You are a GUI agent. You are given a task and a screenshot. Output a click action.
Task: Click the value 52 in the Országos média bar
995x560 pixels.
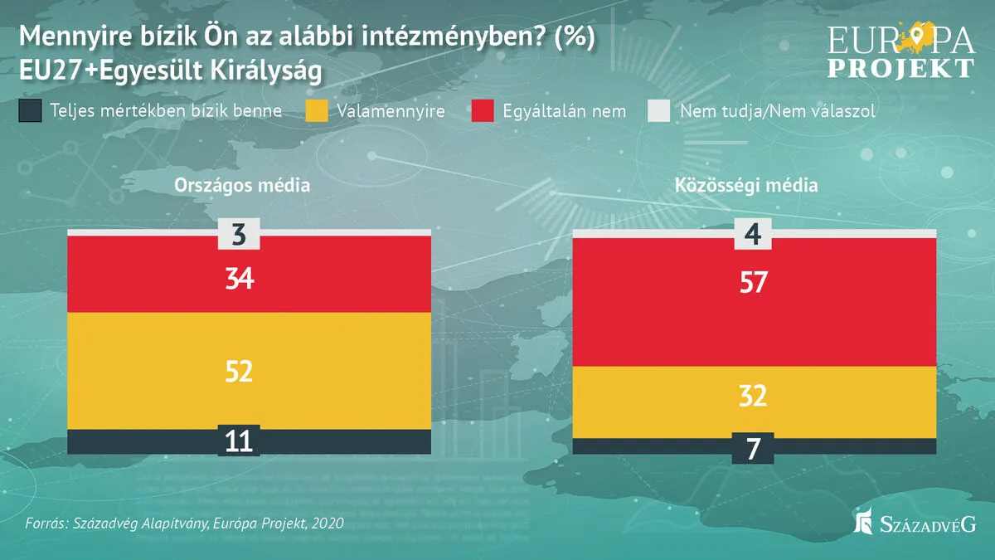tap(239, 371)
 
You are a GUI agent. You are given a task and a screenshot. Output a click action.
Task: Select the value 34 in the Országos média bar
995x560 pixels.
tap(239, 279)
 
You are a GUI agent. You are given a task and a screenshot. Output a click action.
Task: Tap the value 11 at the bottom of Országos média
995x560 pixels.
tap(239, 441)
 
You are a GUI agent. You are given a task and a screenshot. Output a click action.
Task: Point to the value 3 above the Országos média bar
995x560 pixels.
tap(239, 235)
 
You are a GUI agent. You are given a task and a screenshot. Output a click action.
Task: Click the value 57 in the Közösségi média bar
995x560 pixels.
tap(755, 284)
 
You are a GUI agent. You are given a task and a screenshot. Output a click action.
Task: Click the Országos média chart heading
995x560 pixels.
tap(242, 185)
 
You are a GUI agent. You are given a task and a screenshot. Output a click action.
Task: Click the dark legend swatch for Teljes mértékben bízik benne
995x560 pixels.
tap(30, 111)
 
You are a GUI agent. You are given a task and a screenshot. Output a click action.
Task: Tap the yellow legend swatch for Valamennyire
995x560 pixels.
tap(318, 111)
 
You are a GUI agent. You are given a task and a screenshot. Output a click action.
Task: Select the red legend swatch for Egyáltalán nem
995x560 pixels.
tap(482, 111)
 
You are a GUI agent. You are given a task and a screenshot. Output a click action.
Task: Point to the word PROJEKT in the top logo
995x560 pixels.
tap(901, 67)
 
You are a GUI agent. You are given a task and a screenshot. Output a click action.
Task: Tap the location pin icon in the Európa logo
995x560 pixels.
tap(915, 36)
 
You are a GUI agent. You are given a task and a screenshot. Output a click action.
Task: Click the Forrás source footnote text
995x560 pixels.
tap(184, 524)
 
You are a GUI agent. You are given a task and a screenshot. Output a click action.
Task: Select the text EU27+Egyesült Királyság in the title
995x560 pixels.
tap(169, 71)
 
